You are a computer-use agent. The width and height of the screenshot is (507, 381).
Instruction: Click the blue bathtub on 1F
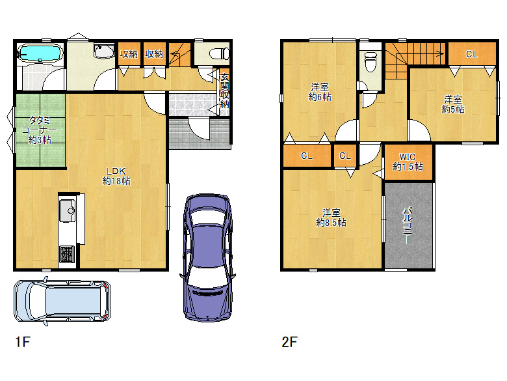pyautogui.click(x=40, y=53)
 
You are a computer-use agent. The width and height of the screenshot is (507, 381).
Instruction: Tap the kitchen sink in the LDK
pyautogui.click(x=68, y=210)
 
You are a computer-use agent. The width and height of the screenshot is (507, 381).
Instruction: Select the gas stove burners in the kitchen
pyautogui.click(x=67, y=254)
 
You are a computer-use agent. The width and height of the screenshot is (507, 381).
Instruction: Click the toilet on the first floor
pyautogui.click(x=219, y=53)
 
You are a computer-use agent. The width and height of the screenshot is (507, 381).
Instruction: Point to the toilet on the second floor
pyautogui.click(x=370, y=62)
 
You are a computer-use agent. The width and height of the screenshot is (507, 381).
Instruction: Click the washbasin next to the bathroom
pyautogui.click(x=104, y=51)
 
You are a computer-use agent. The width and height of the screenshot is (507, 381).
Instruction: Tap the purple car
pyautogui.click(x=207, y=257)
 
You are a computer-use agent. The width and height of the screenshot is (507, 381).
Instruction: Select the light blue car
pyautogui.click(x=62, y=301)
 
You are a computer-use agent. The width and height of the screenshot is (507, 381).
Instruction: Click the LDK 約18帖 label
pyautogui.click(x=116, y=176)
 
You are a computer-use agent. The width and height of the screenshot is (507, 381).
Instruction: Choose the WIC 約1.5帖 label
pyautogui.click(x=408, y=162)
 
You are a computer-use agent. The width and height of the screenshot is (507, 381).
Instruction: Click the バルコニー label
pyautogui.click(x=407, y=225)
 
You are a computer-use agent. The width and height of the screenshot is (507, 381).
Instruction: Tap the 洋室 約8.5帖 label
pyautogui.click(x=331, y=218)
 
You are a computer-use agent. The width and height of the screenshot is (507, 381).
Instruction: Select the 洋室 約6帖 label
pyautogui.click(x=320, y=92)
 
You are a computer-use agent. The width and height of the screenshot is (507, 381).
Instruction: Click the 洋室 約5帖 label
pyautogui.click(x=453, y=104)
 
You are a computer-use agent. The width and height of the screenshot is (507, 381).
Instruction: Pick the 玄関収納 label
pyautogui.click(x=224, y=91)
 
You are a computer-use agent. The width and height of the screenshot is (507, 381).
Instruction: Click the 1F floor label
pyautogui.click(x=23, y=342)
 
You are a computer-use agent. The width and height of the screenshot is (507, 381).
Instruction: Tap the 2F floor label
pyautogui.click(x=289, y=342)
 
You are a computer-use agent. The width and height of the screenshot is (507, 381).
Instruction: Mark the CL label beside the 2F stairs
pyautogui.click(x=472, y=54)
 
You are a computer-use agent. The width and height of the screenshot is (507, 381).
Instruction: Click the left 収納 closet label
pyautogui.click(x=129, y=54)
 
